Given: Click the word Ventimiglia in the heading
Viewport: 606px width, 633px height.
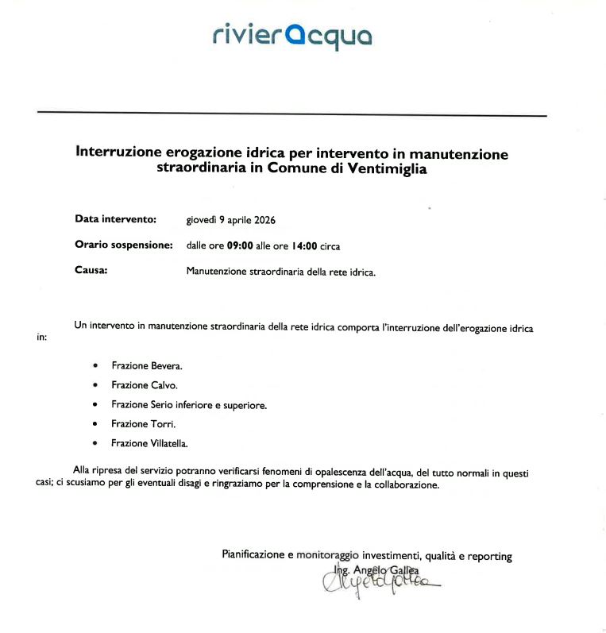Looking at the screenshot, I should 388,169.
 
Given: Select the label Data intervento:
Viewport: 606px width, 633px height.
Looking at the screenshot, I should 116,218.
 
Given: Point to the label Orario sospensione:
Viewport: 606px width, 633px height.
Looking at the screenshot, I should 124,245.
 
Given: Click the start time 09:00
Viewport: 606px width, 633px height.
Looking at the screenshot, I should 240,246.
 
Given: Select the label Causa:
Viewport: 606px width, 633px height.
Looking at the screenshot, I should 91,271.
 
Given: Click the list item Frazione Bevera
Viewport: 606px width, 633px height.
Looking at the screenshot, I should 147,366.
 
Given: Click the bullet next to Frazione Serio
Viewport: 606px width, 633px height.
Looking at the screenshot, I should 95,405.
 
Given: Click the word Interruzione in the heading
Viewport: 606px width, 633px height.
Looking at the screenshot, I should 118,153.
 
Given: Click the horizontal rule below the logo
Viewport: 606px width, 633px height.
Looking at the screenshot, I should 291,115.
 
